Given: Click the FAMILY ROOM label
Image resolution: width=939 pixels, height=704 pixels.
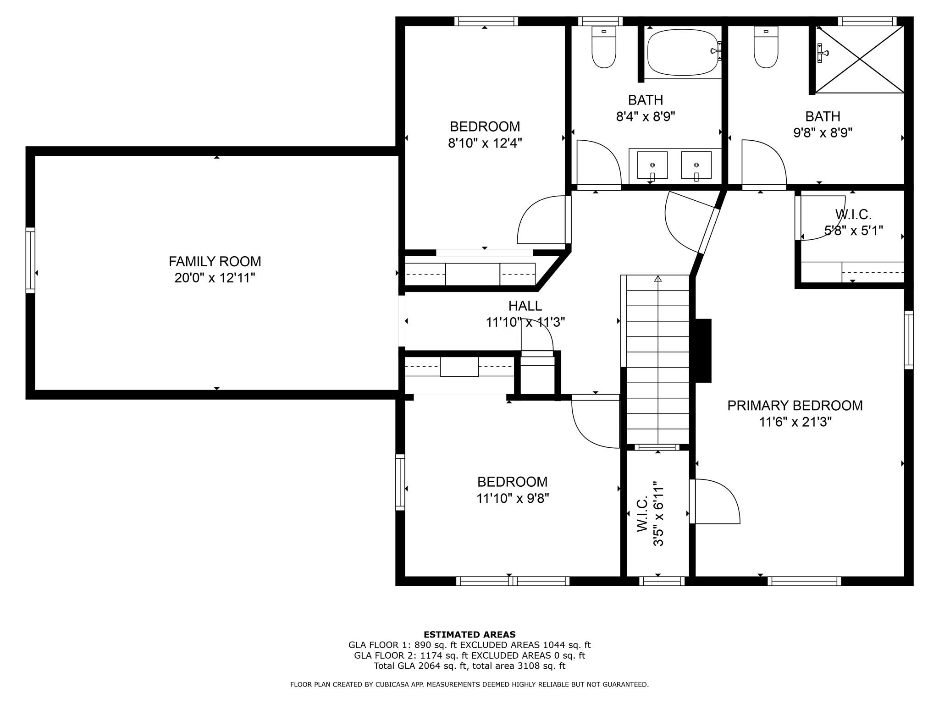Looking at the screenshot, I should (x=215, y=261).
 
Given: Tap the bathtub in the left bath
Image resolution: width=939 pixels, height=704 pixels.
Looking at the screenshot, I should (x=682, y=53).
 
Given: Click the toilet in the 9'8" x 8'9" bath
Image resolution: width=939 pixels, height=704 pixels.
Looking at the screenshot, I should (x=766, y=48).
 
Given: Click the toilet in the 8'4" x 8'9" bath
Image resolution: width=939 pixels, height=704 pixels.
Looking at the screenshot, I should (x=603, y=48).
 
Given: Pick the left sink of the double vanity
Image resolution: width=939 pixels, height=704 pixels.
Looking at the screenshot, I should (x=652, y=165).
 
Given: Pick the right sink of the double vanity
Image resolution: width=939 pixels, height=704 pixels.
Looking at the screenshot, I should (x=696, y=165).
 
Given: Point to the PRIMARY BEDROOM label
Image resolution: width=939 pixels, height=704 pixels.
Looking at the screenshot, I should (x=795, y=406).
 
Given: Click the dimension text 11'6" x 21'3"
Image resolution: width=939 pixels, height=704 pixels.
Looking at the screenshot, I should (x=795, y=422).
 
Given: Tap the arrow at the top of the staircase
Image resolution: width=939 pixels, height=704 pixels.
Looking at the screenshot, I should (x=658, y=278).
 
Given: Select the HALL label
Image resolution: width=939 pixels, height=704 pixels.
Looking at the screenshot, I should (x=525, y=306).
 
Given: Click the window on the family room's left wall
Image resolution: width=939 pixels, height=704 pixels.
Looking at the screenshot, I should (x=30, y=260).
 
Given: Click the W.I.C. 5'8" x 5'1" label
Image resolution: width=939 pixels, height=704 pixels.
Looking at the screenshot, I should (x=853, y=222).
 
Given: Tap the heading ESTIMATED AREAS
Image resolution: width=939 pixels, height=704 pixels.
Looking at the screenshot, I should (x=469, y=635).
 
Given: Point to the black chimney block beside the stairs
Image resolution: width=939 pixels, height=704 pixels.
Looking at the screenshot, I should (x=703, y=351).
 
